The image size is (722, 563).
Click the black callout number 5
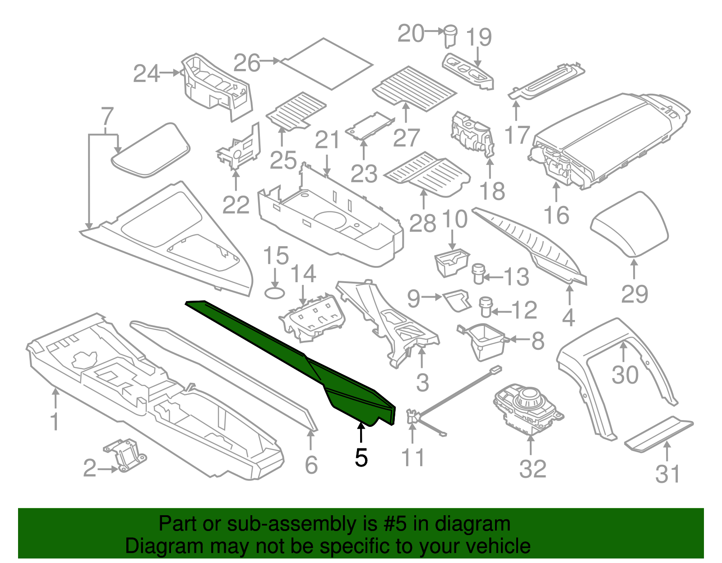(x=361, y=458)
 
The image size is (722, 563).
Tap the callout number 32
(x=532, y=469)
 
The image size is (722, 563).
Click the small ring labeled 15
(x=274, y=293)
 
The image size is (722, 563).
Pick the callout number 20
(x=411, y=34)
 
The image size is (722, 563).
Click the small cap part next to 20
(x=450, y=36)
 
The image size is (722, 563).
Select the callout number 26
(x=247, y=63)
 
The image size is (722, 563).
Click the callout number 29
(x=634, y=294)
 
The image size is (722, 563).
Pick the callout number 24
(x=147, y=73)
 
